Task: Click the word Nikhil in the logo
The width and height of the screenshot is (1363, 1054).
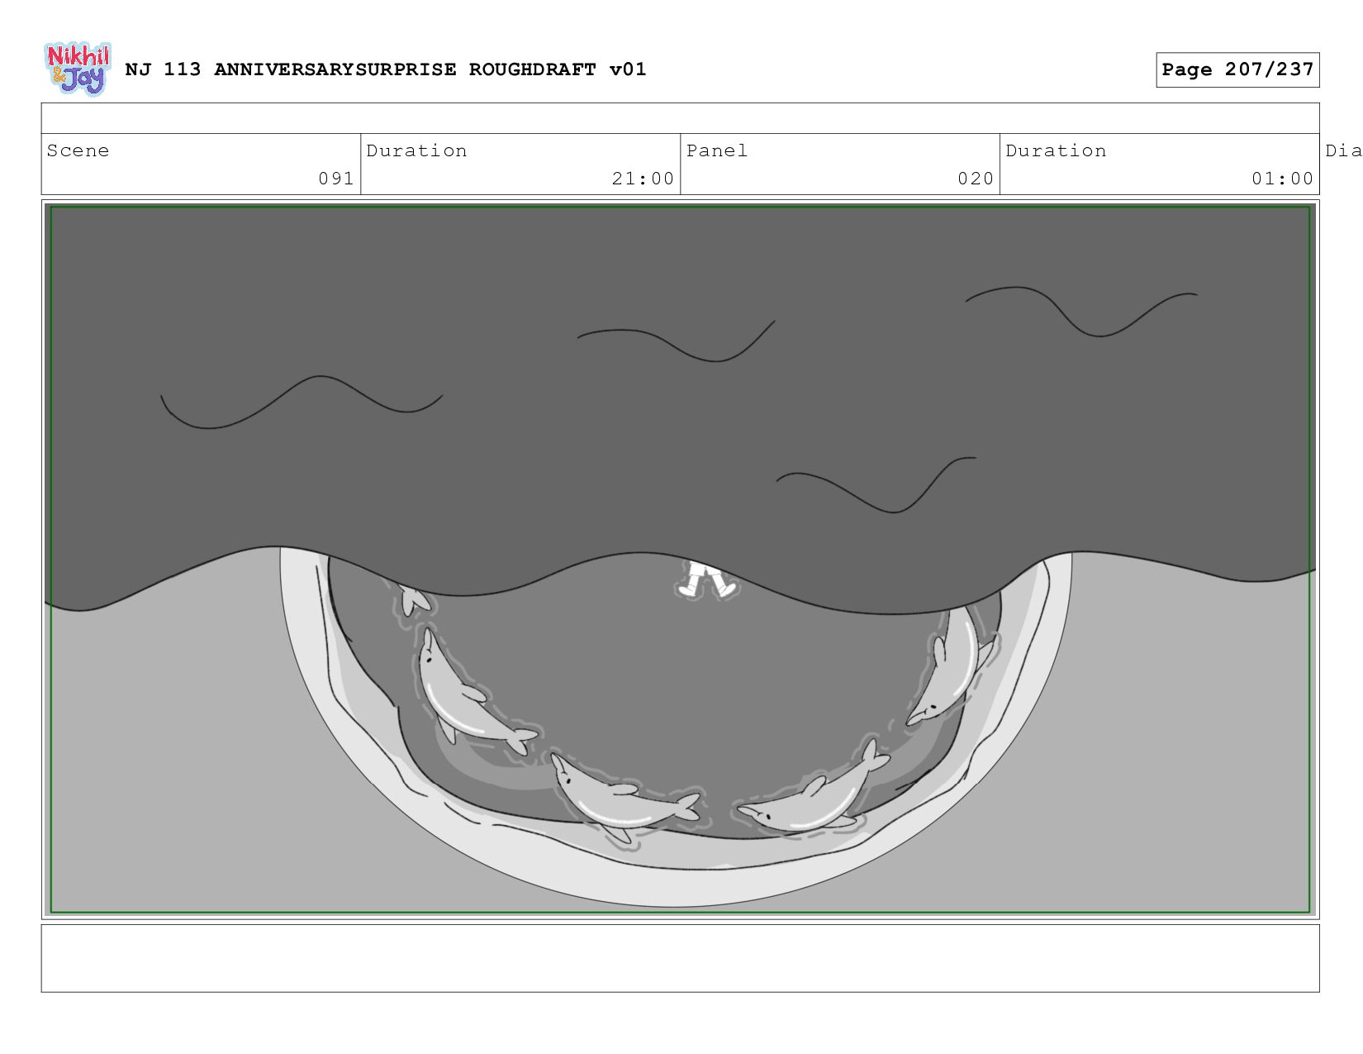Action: (78, 55)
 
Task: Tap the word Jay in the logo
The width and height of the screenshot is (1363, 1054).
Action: (85, 79)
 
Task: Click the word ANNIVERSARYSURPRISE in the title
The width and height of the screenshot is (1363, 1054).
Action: (335, 69)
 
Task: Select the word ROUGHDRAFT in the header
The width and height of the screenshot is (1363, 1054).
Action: (533, 69)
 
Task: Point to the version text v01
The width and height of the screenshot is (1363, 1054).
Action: (628, 69)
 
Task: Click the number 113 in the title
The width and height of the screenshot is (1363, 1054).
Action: (183, 69)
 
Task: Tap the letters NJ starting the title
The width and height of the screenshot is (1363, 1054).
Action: (138, 69)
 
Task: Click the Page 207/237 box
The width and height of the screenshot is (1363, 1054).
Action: (1237, 69)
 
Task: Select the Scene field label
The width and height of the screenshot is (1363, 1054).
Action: (78, 150)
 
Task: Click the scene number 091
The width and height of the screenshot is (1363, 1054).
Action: (336, 179)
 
